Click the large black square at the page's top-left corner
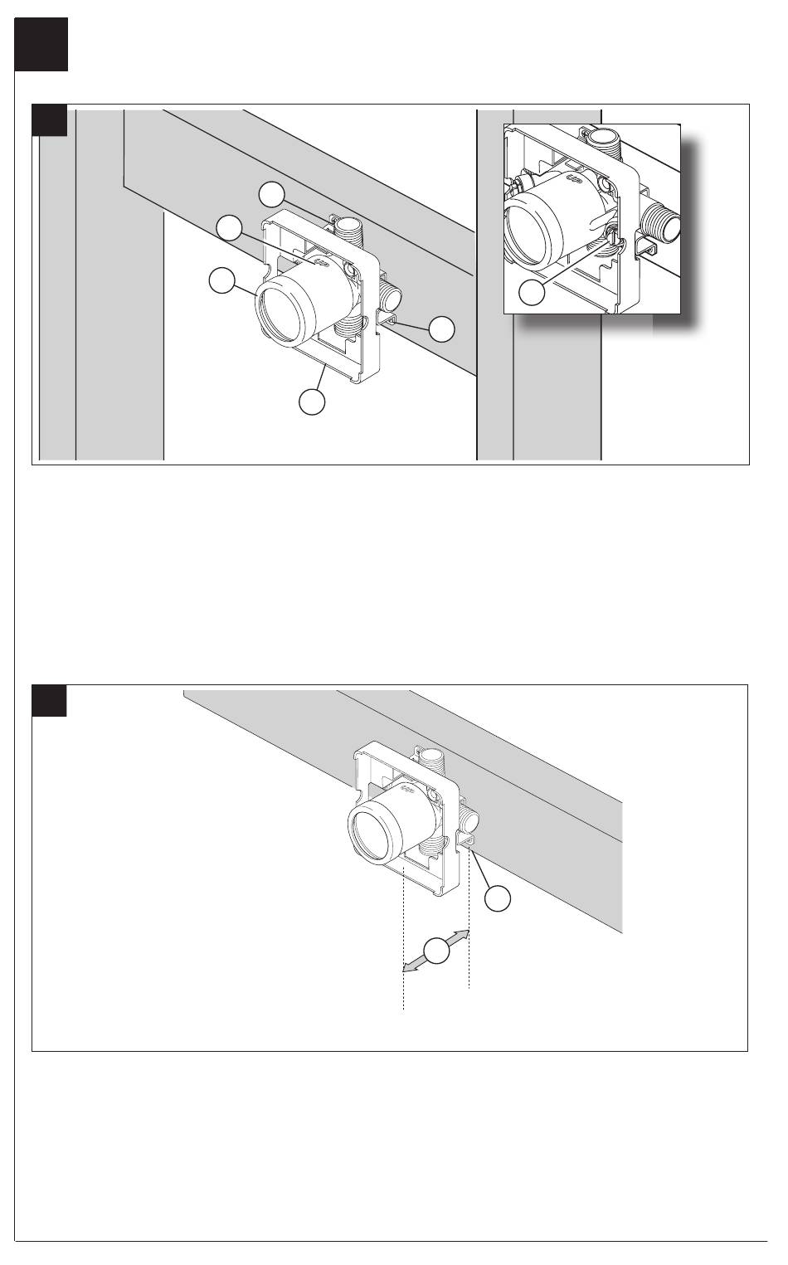pos(41,45)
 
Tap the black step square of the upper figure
pos(49,120)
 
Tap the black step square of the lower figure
pos(49,701)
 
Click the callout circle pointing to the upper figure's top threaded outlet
pos(270,194)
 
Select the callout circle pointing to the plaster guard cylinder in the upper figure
pos(221,281)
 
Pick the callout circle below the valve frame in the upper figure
pos(311,401)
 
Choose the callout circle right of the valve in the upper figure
pos(443,328)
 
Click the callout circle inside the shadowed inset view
pos(532,292)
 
